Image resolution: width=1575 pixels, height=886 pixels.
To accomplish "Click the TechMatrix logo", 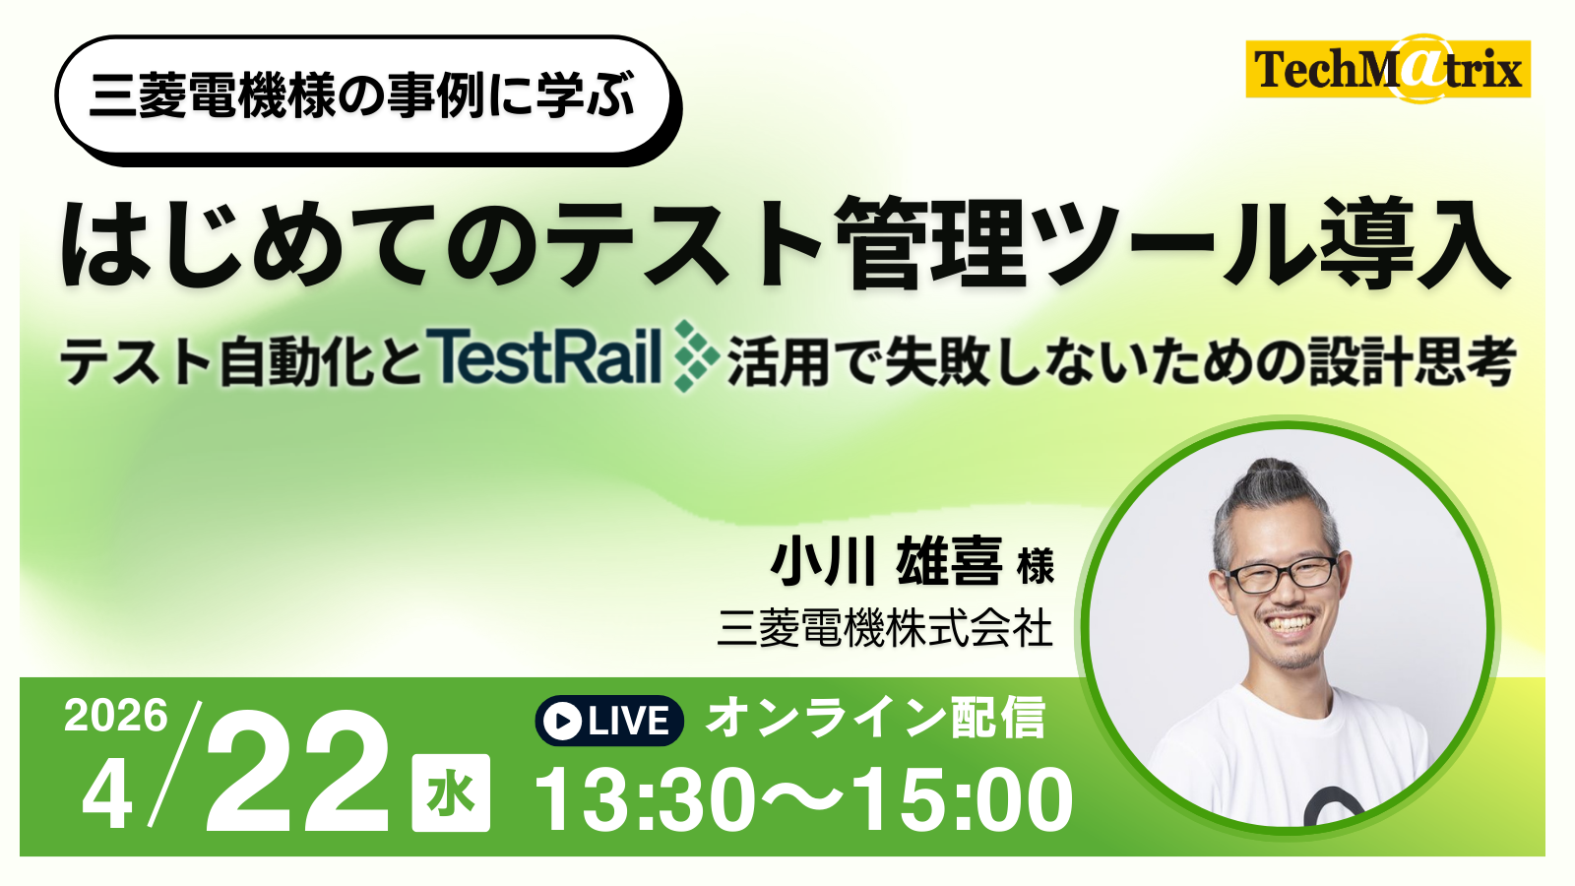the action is [1387, 68].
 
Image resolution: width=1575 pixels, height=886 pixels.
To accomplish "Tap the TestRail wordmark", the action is [543, 355].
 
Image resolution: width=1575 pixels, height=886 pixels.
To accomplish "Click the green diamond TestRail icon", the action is [696, 355].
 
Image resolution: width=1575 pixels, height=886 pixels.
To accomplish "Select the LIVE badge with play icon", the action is [609, 720].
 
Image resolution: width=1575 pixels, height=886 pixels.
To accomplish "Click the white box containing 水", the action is [451, 792].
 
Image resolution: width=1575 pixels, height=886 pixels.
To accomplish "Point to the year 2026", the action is [116, 716].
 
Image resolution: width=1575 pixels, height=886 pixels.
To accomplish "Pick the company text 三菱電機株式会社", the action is [885, 627].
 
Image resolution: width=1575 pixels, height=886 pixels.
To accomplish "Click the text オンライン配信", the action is [876, 718].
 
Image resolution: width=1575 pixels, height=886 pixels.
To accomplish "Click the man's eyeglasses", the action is [1282, 574].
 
